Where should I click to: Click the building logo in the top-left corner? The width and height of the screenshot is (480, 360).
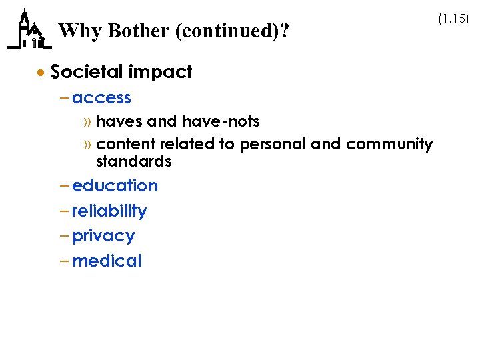coord(28,30)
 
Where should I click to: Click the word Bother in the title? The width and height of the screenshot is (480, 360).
coord(138,31)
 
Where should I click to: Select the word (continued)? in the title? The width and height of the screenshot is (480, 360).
coord(233,31)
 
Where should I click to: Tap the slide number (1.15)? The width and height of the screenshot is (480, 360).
coord(453,19)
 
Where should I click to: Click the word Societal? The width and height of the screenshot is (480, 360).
coord(86,72)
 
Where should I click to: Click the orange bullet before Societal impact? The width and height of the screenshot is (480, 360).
coord(41,72)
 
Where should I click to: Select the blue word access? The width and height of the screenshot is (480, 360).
coord(101,98)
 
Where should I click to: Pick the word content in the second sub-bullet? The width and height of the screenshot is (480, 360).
coord(123,144)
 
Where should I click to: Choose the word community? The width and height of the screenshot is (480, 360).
coord(389,144)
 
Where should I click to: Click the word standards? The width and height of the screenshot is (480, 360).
coord(134,161)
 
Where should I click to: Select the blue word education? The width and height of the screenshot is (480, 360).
coord(115,186)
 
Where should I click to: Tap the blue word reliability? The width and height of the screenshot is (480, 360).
coord(109,211)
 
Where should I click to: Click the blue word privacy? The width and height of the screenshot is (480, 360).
coord(103,236)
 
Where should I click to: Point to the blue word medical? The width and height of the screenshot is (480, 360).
coord(107,261)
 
